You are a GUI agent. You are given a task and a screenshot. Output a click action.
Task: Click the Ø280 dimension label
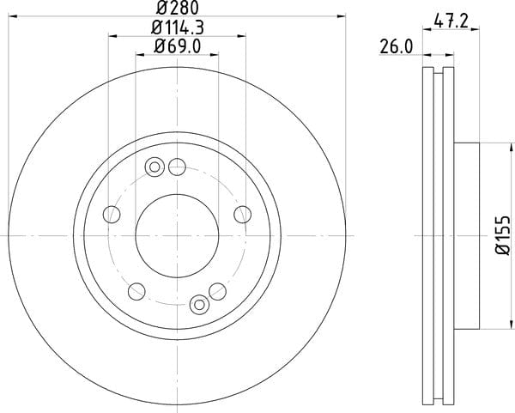(x=178, y=8)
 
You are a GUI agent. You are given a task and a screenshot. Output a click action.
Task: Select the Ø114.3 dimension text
(x=178, y=27)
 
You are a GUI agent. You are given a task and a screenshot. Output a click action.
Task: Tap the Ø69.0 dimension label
(x=178, y=47)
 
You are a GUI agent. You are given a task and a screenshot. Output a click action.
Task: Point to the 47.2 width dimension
(x=451, y=21)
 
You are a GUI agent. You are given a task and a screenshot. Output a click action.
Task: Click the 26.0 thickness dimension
(x=396, y=47)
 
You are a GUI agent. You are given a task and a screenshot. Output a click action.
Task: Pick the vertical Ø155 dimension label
(x=503, y=235)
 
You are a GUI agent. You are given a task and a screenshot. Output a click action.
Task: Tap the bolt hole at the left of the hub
(x=112, y=215)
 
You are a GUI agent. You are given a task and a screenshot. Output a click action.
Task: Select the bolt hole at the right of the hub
(x=243, y=215)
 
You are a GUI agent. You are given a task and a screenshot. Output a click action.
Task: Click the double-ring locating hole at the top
(x=154, y=167)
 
